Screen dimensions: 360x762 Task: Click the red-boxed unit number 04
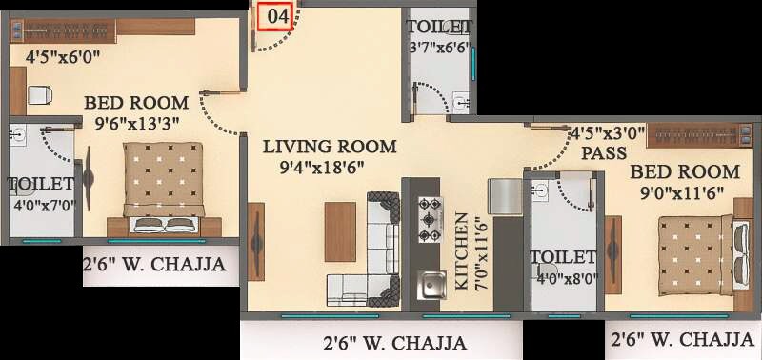coord(275,16)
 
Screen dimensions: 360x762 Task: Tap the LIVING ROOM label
coord(330,147)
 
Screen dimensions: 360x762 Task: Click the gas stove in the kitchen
coord(430,220)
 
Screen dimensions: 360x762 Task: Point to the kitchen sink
coord(433,283)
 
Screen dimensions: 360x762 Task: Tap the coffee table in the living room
coord(340,230)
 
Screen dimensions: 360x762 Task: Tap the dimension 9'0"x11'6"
coord(682,192)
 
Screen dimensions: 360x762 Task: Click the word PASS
coord(605,152)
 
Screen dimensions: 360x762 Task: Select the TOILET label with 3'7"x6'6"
coord(437,26)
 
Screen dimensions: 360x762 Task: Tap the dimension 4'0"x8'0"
coord(564,279)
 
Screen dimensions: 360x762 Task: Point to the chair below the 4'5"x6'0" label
coord(39,94)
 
